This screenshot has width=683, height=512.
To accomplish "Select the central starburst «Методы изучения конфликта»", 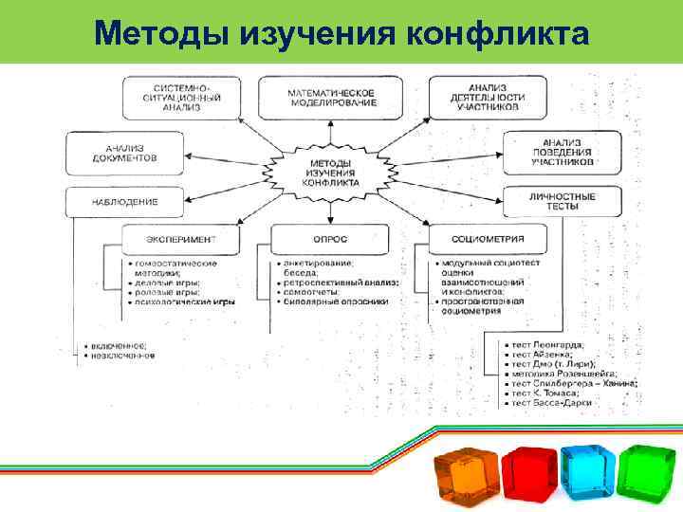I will pos(330,171).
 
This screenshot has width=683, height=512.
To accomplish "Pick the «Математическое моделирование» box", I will pos(331,98).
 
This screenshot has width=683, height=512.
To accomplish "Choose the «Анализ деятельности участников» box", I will pos(487,97).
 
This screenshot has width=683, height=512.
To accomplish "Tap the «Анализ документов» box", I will pos(124,152).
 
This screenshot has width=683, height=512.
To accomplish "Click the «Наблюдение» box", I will pos(124,201).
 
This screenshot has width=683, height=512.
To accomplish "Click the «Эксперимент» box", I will pos(180,239).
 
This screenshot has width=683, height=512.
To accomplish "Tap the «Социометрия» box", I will pos(488,239).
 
